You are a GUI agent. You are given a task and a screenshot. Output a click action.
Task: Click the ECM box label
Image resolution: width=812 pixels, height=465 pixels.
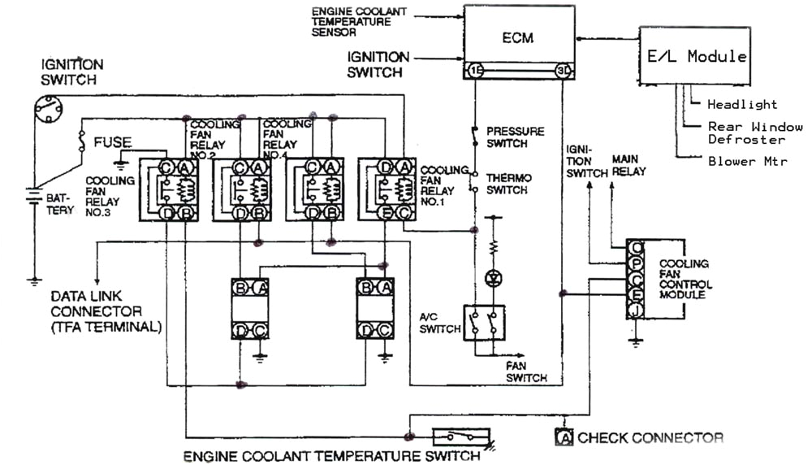[518, 37]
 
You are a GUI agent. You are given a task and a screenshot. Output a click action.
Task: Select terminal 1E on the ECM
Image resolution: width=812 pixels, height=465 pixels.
[474, 72]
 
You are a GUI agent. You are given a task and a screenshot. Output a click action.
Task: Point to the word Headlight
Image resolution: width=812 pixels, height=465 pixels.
[741, 104]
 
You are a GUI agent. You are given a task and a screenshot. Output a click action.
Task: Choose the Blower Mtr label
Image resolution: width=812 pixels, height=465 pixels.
[747, 161]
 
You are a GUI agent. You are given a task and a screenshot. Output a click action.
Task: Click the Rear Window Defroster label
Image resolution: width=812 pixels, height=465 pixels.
[755, 133]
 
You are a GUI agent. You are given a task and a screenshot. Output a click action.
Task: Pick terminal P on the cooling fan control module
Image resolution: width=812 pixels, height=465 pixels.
[636, 261]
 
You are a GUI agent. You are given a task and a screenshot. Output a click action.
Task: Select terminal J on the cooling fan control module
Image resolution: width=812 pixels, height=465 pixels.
[636, 310]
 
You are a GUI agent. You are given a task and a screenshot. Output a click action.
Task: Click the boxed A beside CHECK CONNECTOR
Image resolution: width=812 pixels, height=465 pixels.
[564, 438]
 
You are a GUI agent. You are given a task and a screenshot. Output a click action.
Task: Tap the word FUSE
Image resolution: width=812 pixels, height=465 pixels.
[112, 141]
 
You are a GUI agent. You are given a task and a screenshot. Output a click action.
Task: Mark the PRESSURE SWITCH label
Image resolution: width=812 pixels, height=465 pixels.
[515, 137]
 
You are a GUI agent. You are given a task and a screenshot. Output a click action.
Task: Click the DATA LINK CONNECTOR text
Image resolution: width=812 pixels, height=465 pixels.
[96, 311]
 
